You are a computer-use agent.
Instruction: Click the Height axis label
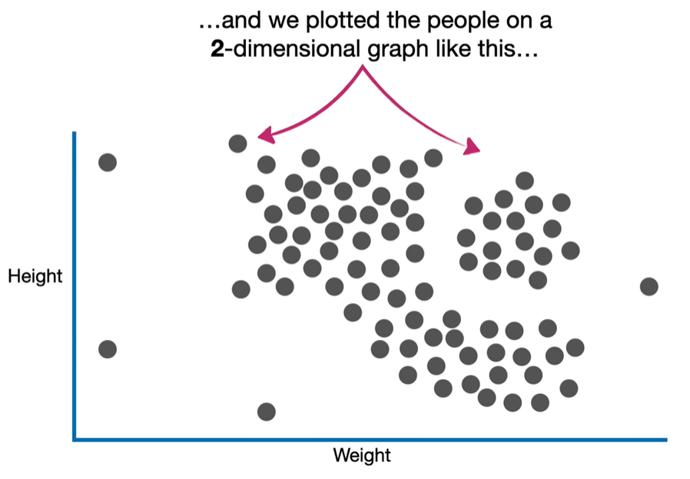coord(35,276)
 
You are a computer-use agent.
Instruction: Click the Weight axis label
coord(362,455)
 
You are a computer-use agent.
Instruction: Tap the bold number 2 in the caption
coord(217,50)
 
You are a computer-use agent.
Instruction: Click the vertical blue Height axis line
coord(75,284)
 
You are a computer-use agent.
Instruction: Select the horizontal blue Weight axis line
coord(369,440)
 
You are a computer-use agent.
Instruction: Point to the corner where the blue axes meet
coord(75,440)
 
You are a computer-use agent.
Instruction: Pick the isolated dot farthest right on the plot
coord(649,287)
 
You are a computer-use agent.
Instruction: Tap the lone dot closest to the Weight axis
coord(266,411)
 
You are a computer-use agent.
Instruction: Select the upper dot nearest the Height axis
coord(108,162)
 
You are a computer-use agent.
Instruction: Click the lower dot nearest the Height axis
coord(108,349)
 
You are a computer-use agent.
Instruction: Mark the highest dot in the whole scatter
coord(238,143)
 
